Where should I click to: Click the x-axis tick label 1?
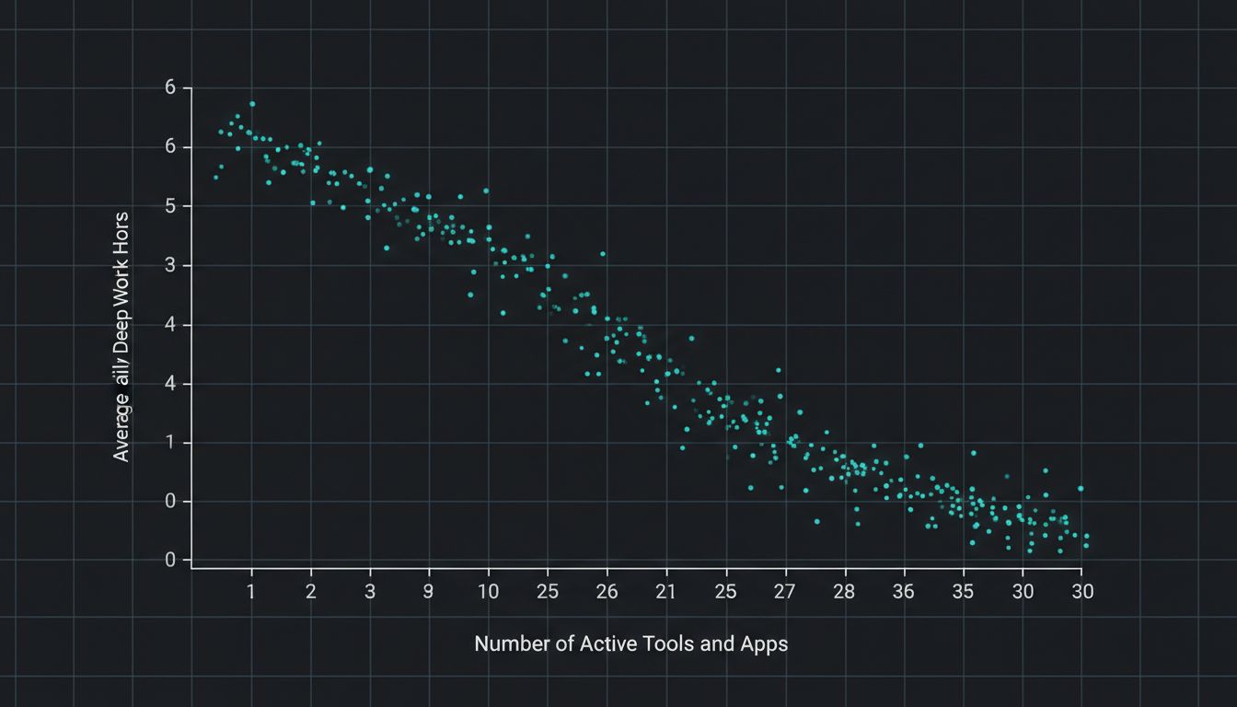(x=251, y=592)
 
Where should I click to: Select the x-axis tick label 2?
(x=311, y=592)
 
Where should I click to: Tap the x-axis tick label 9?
(x=429, y=592)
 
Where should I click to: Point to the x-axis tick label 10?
(x=489, y=592)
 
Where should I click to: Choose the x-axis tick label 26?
(x=607, y=592)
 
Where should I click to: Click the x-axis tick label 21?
(x=665, y=592)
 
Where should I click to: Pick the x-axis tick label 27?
(x=785, y=592)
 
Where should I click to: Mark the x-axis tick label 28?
(x=844, y=592)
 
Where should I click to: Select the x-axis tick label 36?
(x=904, y=592)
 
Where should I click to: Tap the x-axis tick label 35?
(x=963, y=592)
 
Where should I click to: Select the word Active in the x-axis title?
(x=608, y=644)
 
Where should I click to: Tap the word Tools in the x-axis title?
(x=669, y=644)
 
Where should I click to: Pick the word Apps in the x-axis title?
(x=764, y=644)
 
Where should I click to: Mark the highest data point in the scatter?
(x=252, y=104)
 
